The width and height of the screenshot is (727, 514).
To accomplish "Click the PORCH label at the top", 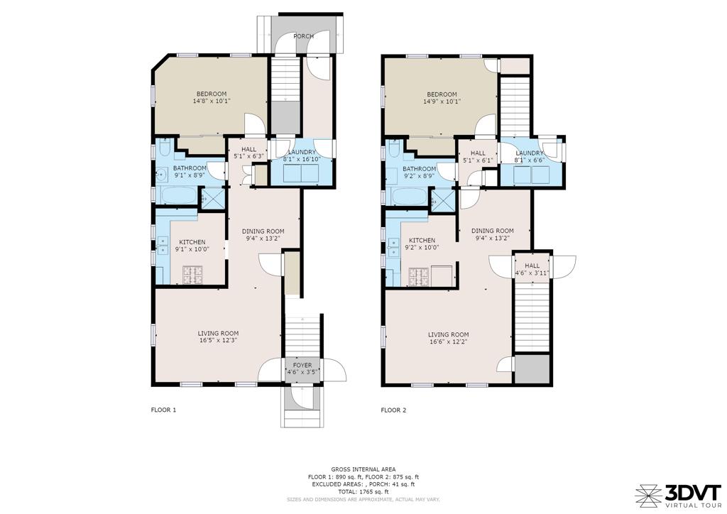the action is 303,36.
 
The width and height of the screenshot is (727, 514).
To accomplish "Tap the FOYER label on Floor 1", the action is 302,365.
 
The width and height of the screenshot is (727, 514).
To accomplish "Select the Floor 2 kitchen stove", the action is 419,277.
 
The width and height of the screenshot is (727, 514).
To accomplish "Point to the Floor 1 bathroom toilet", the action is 165,149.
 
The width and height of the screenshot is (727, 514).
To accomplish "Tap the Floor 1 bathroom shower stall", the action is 212,199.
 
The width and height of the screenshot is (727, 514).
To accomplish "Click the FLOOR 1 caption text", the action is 164,410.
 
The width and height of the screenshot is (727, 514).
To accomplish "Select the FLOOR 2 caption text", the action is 393,410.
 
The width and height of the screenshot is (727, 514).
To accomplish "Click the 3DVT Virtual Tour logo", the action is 678,496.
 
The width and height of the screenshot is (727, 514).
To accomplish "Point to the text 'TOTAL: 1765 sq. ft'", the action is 363,492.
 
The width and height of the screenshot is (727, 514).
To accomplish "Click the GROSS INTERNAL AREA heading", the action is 363,469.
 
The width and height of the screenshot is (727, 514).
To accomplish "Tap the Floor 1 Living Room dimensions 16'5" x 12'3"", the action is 218,340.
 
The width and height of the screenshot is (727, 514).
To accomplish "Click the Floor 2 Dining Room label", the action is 493,231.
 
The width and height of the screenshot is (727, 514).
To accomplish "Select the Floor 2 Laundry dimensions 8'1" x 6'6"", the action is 529,160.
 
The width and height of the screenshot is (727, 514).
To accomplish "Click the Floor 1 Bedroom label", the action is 212,94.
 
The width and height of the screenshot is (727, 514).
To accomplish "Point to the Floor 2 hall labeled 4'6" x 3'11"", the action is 532,269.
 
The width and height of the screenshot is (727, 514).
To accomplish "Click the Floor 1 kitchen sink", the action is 163,246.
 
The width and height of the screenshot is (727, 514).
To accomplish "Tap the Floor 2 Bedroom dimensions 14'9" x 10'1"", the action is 442,101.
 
